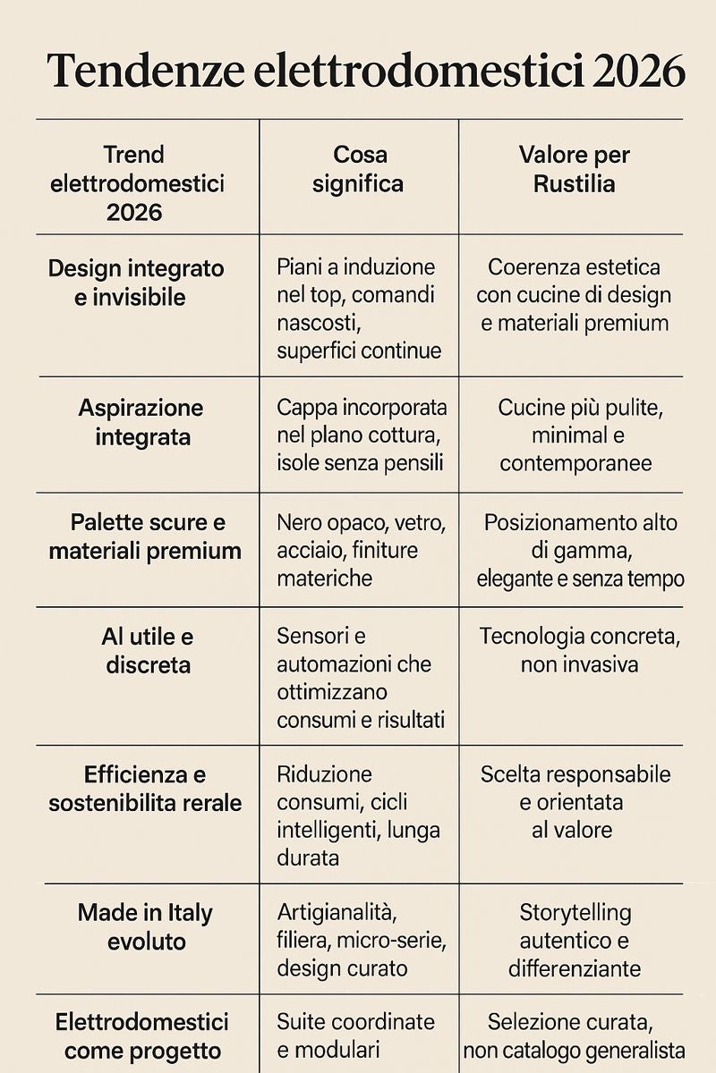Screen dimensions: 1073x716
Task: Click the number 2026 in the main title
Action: pos(638,72)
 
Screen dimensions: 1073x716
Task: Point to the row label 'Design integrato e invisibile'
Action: pos(136,283)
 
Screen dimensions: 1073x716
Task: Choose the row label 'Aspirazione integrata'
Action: pos(141,422)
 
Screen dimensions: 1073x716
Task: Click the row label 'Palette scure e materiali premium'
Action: pos(145,536)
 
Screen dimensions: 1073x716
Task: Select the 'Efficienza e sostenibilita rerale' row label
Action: pos(145,789)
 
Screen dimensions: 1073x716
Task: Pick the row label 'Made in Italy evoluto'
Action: pos(146,927)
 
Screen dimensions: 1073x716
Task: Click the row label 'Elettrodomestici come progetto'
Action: pos(141,1036)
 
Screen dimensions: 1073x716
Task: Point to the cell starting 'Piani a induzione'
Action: pos(358,308)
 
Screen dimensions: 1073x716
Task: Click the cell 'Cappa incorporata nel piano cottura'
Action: pos(360,435)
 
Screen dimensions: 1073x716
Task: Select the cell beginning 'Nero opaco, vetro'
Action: pos(360,550)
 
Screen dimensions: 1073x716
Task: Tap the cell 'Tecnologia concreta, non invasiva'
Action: pos(579,650)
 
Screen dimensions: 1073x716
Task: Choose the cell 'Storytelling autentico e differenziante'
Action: pos(575,940)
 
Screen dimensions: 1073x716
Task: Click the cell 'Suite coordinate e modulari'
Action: pos(355,1035)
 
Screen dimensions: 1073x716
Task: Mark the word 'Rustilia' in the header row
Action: pos(574,183)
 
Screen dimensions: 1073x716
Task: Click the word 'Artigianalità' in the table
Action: pos(336,912)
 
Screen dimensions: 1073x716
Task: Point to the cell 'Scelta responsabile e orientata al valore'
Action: pos(575,801)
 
